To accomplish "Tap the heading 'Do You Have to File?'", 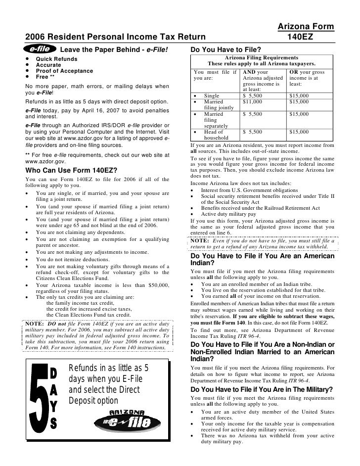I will pos(225,50).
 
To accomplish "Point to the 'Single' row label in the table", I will pos(211,95).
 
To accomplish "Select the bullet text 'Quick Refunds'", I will pos(56,59).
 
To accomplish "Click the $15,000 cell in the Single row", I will pos(299,95).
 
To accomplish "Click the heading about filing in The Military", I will pos(261,389).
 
